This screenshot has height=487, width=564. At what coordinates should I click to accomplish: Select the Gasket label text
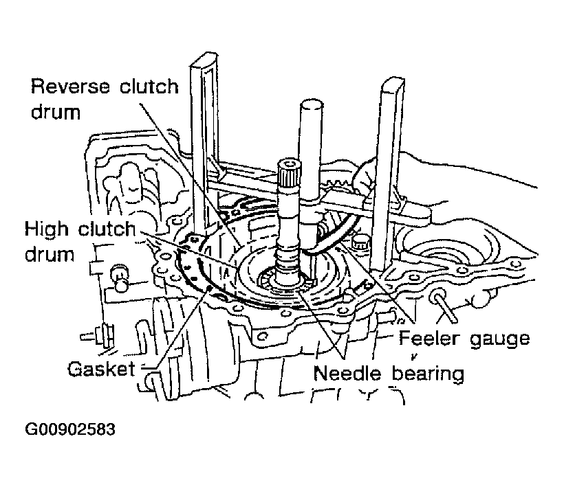click(102, 369)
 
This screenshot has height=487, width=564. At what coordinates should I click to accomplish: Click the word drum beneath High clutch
click(50, 254)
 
